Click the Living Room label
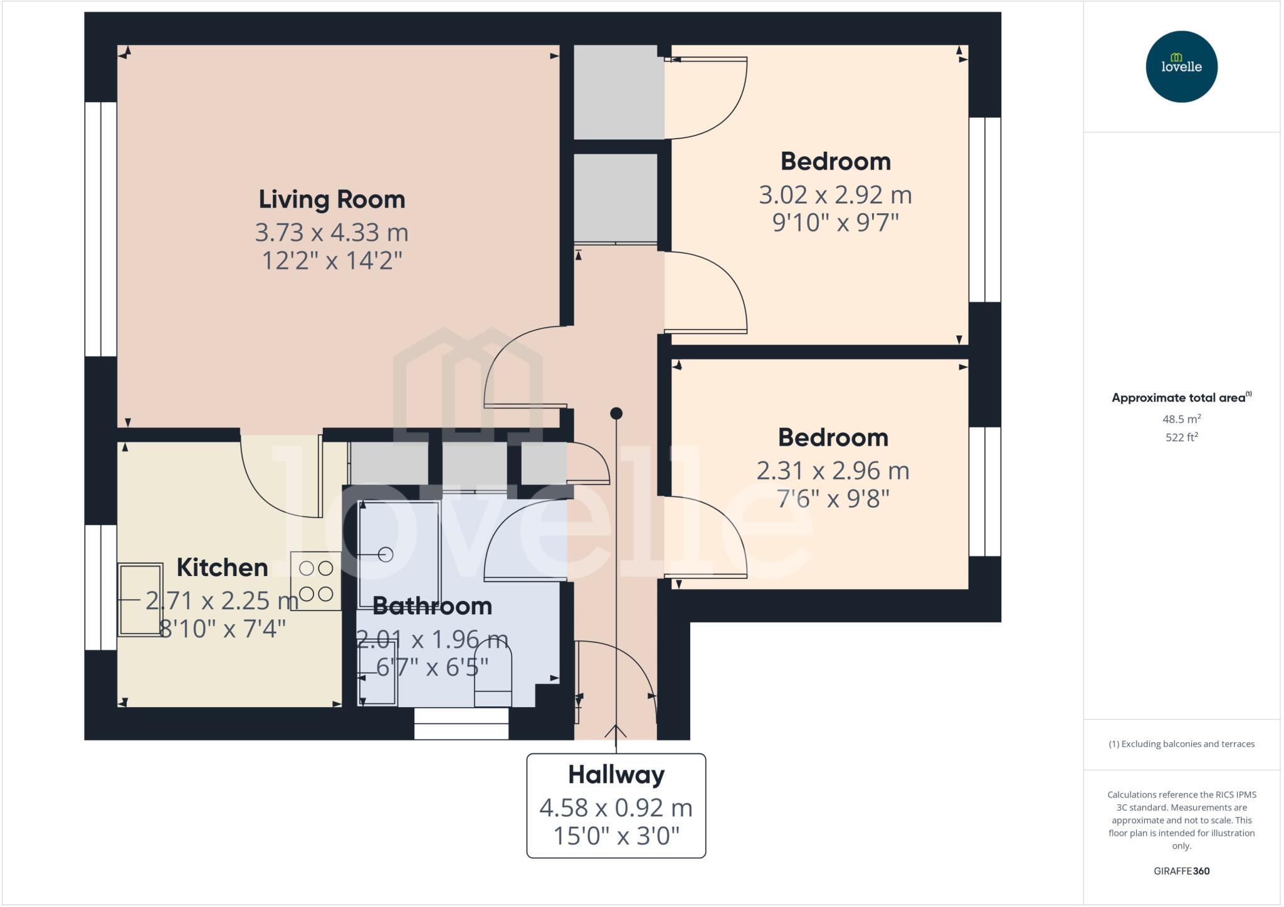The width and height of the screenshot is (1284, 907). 332,200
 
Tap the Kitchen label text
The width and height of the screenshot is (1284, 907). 222,568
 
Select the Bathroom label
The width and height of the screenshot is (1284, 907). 432,606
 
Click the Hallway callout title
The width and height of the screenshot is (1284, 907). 616,775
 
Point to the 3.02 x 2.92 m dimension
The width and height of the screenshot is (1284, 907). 835,195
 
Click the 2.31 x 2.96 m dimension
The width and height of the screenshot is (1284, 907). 833,471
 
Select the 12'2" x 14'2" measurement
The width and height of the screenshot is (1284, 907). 332,260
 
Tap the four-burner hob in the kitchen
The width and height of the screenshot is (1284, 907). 316,581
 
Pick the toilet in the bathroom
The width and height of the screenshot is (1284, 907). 493,677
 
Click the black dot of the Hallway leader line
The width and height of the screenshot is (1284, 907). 616,414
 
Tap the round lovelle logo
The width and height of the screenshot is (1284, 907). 1181,67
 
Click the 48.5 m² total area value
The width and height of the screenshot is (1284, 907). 1181,419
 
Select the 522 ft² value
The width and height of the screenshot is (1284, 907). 1181,438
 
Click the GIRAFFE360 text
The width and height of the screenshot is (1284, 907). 1181,871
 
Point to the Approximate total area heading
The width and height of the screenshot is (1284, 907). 1179,398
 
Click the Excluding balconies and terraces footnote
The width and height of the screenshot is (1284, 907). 1181,745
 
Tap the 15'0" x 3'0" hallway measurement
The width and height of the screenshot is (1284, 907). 616,836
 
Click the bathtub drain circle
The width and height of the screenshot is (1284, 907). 386,555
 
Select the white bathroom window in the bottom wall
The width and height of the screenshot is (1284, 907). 461,724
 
